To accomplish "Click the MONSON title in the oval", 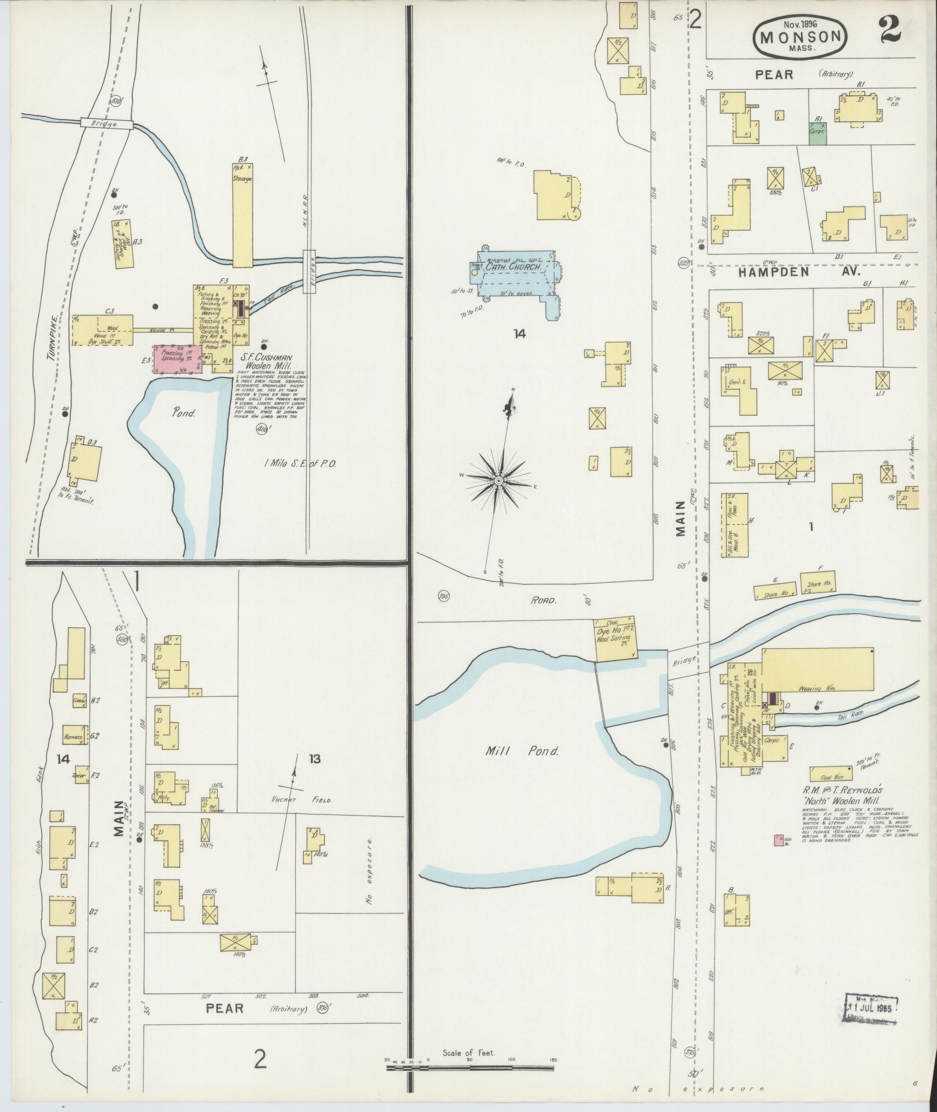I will [x=800, y=38].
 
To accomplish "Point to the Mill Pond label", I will [x=522, y=751].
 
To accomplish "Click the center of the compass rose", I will [x=498, y=480].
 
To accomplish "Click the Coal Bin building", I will [x=831, y=773].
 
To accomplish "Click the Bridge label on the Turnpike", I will [x=107, y=124].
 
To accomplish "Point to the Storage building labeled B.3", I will [x=242, y=215].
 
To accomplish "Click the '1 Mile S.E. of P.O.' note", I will [x=300, y=463].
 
